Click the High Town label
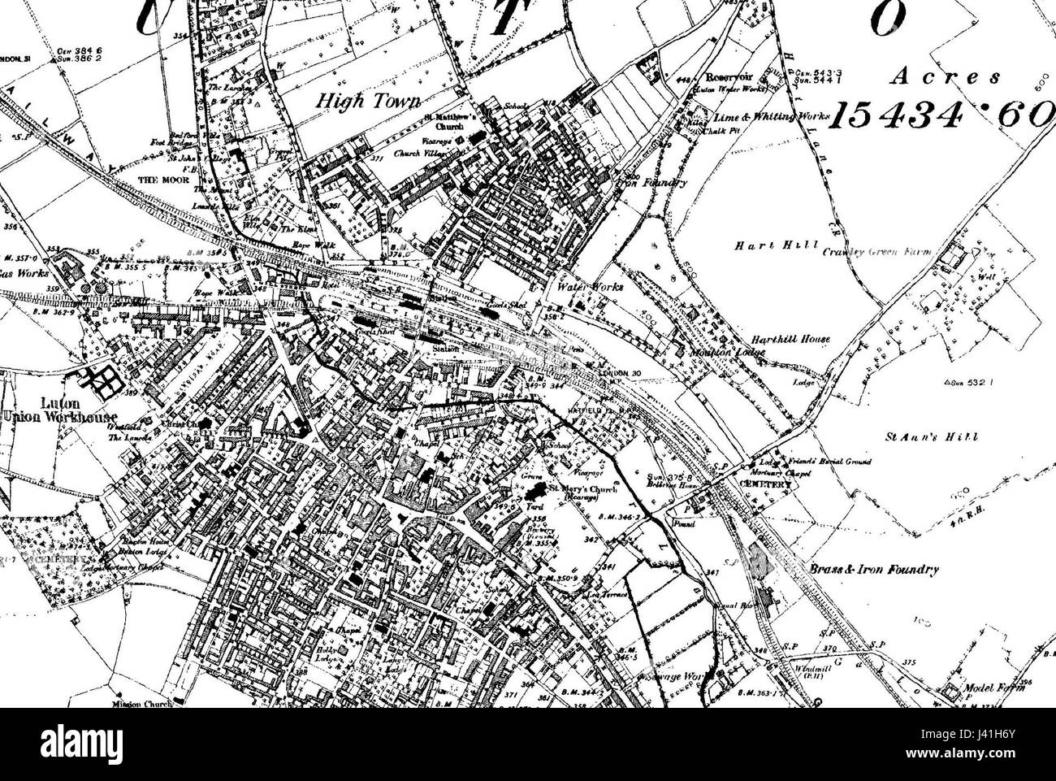[367, 101]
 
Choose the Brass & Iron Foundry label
[874, 570]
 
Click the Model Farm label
[989, 688]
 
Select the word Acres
[944, 78]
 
